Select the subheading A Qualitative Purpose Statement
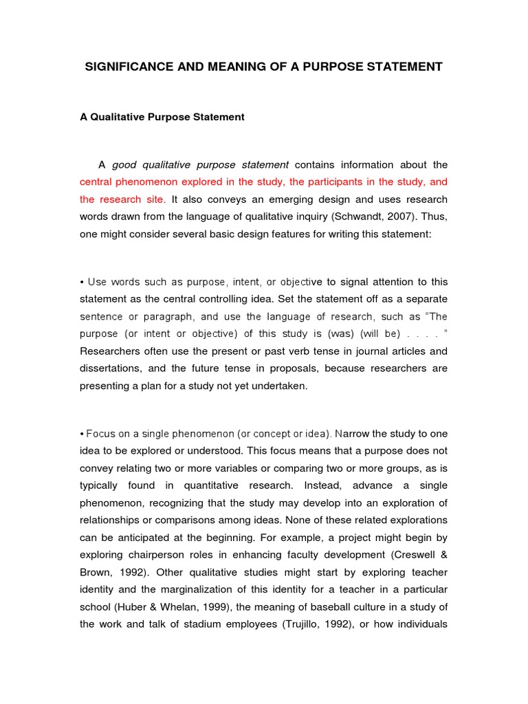[x=162, y=117]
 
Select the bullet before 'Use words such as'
[x=82, y=283]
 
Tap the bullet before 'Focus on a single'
[x=82, y=434]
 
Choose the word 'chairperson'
[x=156, y=554]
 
